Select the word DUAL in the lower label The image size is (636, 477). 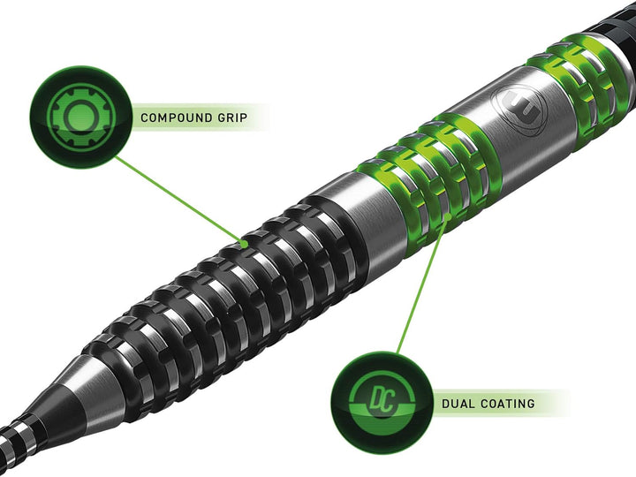(x=458, y=404)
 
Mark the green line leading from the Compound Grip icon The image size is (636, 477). (x=177, y=199)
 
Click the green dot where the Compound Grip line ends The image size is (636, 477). (x=243, y=241)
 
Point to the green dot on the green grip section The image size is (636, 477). (x=448, y=215)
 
